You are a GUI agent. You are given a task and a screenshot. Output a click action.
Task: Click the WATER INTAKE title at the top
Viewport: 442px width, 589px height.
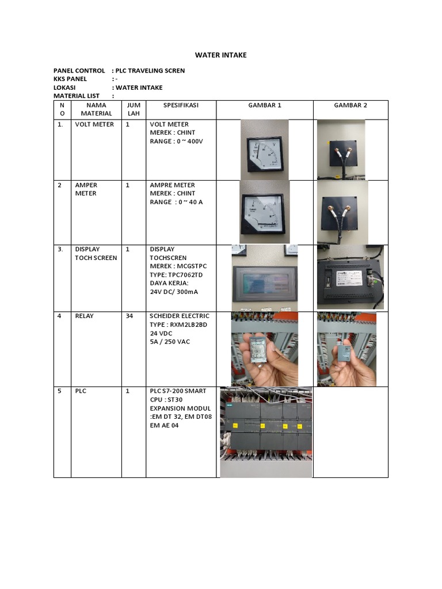(221, 55)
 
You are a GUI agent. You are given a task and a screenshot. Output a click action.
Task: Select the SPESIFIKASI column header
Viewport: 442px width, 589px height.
(181, 105)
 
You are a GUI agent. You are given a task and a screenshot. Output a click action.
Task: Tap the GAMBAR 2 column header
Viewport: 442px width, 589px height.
(350, 105)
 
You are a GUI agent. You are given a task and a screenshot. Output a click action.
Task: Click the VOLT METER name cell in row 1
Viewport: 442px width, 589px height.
(94, 124)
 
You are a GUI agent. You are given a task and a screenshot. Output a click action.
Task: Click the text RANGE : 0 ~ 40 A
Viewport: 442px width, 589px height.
(176, 202)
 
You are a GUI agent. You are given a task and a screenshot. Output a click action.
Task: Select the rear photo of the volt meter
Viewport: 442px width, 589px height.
(341, 150)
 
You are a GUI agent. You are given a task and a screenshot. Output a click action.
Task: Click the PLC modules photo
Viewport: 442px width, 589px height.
(266, 431)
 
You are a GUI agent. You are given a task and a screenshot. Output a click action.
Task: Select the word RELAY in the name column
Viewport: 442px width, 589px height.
(84, 316)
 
